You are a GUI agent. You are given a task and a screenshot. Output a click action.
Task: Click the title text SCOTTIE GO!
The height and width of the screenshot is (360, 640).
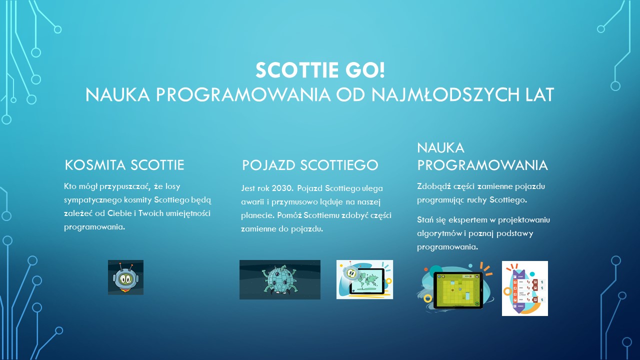(320, 70)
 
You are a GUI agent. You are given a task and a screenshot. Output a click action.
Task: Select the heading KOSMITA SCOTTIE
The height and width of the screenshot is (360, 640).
(124, 165)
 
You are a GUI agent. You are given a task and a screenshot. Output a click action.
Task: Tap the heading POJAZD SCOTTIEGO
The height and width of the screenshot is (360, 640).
(310, 165)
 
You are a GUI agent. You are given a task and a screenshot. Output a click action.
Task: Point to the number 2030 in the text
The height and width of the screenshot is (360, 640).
(282, 188)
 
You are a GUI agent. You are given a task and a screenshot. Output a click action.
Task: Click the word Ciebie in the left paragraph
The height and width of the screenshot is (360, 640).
(119, 213)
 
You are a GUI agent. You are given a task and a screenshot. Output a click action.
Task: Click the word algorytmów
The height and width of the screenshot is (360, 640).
(439, 233)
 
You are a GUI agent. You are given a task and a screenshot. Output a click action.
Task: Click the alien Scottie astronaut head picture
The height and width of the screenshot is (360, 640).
(125, 277)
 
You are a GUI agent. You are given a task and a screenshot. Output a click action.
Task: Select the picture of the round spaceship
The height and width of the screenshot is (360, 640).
(279, 279)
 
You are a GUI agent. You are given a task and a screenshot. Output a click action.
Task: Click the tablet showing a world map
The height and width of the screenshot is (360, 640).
(364, 279)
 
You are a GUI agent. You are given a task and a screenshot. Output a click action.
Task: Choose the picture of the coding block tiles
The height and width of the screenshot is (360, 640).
(525, 288)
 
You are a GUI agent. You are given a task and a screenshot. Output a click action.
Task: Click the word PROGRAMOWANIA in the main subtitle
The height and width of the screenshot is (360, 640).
(243, 94)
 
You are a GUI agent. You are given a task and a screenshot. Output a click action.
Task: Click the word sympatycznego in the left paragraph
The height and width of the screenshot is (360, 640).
(93, 200)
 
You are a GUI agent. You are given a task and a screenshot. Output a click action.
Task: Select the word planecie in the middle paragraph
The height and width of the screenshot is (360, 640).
(257, 215)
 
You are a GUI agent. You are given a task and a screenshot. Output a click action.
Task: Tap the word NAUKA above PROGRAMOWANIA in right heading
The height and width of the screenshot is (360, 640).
(440, 147)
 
